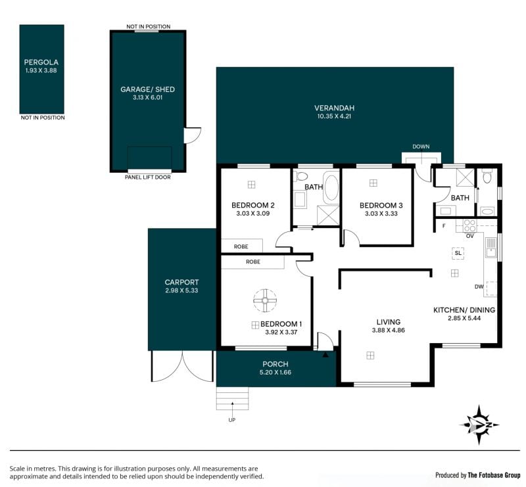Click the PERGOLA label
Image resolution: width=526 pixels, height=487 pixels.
(41, 62)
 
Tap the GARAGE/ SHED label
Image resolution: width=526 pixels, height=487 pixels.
(147, 89)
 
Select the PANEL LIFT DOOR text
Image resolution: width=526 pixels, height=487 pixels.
(147, 177)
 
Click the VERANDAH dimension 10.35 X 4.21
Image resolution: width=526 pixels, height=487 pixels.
(334, 116)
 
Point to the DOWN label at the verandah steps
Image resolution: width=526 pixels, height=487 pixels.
(421, 147)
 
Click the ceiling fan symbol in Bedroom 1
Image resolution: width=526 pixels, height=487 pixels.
(265, 300)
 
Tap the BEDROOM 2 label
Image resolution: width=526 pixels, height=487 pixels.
(253, 205)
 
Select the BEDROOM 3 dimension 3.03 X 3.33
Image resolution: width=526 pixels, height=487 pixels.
(381, 214)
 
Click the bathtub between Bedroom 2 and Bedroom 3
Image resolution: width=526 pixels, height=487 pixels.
(331, 188)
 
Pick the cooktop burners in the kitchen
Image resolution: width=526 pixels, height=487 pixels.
(469, 225)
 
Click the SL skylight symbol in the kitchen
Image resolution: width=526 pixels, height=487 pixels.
(458, 253)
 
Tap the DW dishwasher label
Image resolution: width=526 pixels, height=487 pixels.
(479, 287)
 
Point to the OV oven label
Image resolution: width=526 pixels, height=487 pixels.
(470, 236)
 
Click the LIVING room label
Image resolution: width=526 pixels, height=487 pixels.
(389, 322)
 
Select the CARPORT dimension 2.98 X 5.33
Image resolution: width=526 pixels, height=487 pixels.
(181, 290)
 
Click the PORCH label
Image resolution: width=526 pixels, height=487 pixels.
(275, 364)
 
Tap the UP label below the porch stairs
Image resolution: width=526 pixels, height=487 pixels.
(232, 420)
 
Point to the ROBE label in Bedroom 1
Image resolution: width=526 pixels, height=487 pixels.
(253, 262)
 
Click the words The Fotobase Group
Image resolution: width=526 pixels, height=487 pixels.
(494, 475)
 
